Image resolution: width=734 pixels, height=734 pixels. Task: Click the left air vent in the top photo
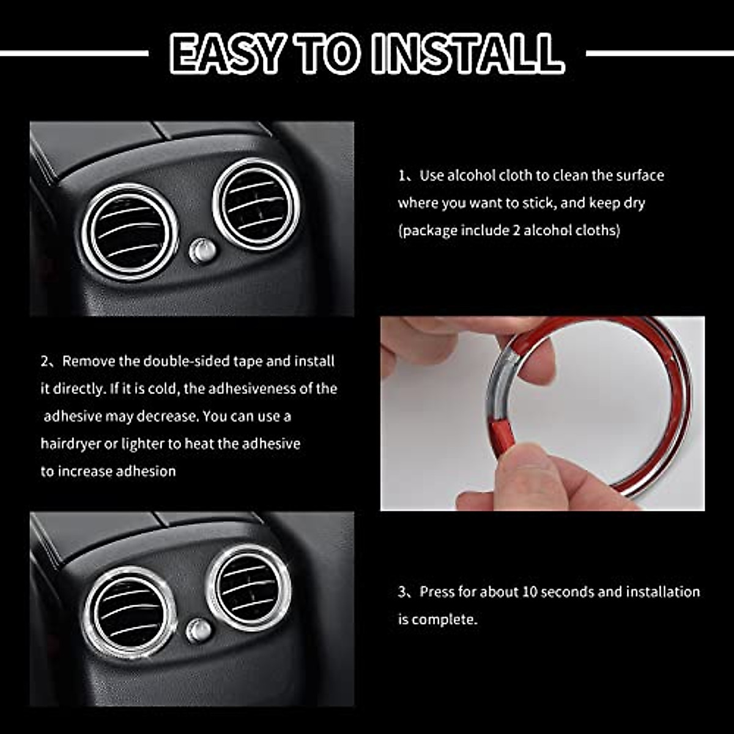click(130, 230)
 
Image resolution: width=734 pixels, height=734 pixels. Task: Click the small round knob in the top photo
click(202, 251)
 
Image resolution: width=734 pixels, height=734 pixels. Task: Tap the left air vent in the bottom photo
click(130, 612)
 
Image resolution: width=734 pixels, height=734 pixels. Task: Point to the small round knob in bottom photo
click(198, 631)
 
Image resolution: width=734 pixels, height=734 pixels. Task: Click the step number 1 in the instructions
click(402, 176)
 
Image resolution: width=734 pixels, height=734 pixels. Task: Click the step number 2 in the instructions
click(45, 361)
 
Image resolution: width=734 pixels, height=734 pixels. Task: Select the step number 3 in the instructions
click(402, 592)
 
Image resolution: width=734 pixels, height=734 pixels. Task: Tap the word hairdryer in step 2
click(70, 444)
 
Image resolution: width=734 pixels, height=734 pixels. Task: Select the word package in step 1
click(429, 231)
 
